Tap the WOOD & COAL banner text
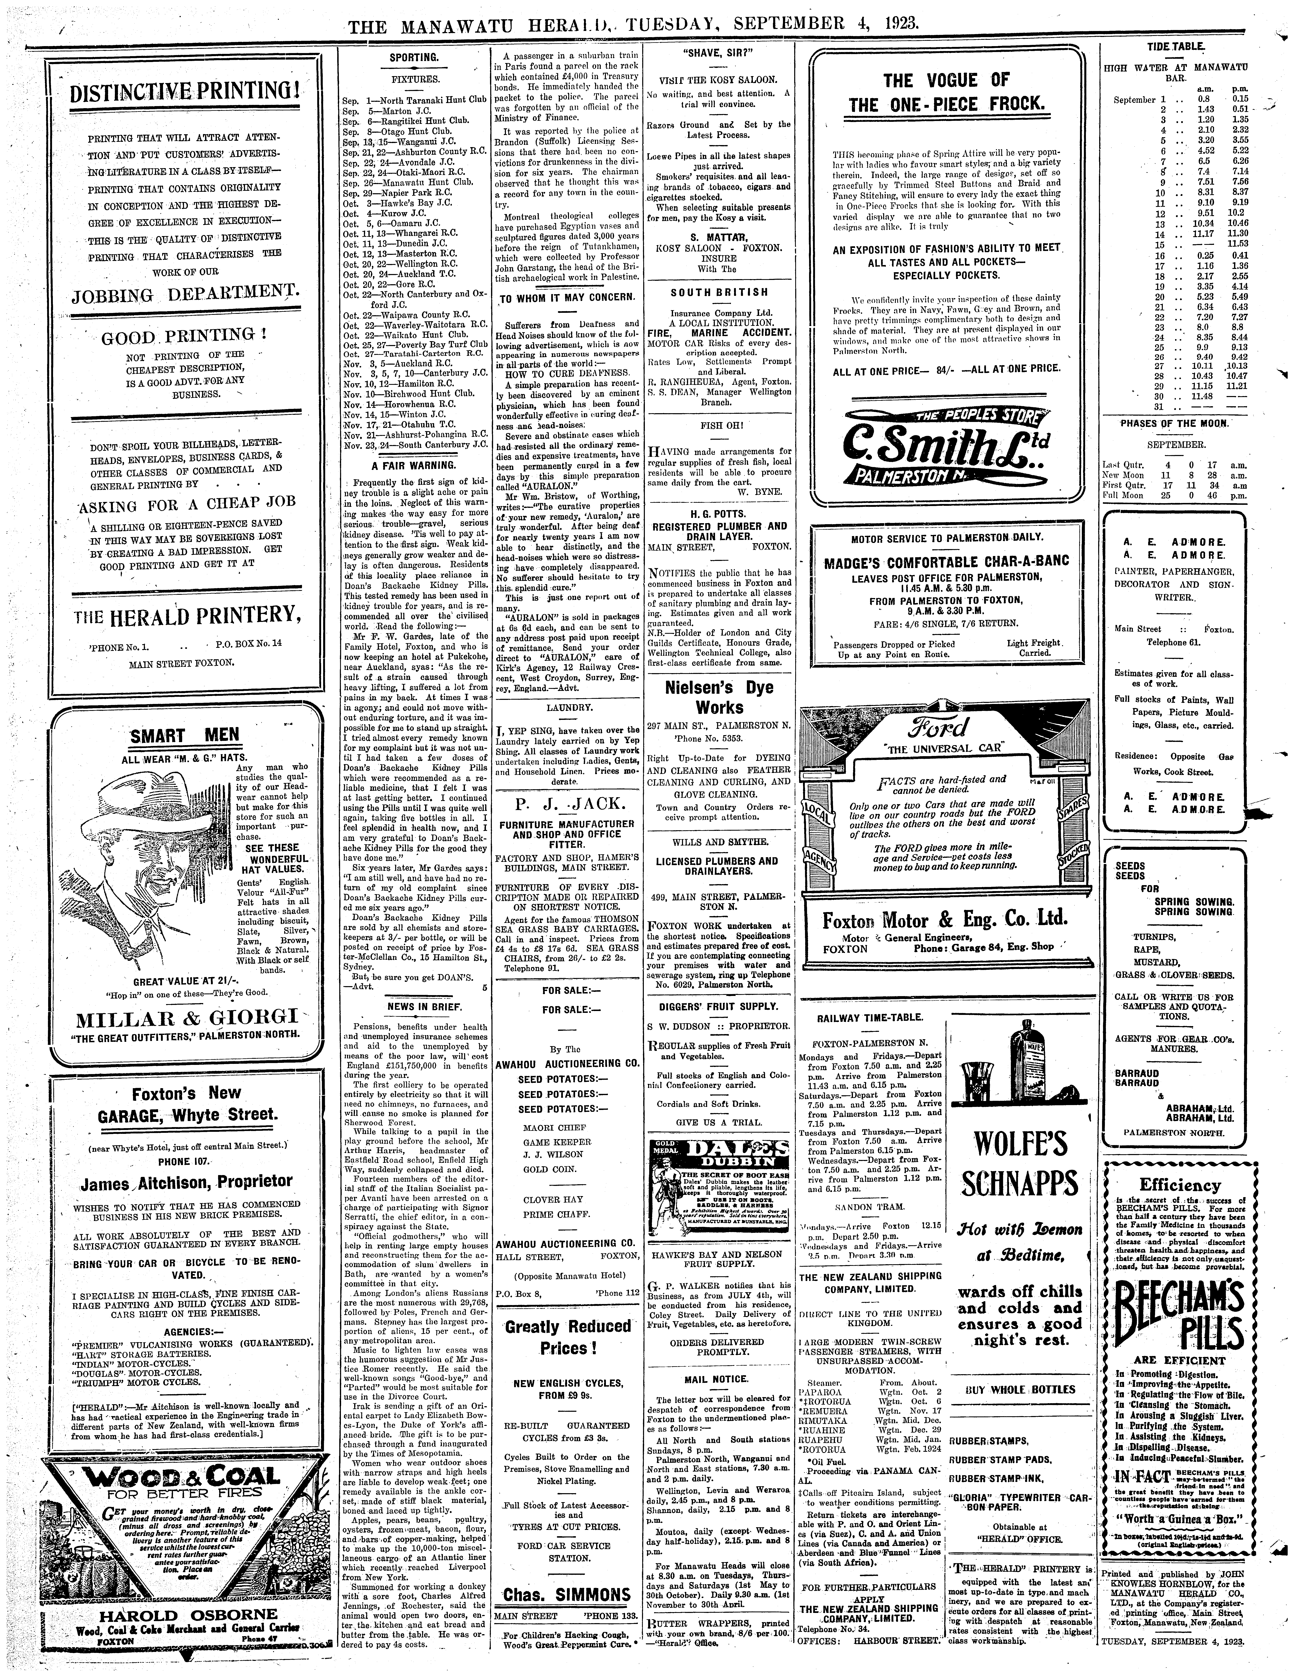pyautogui.click(x=184, y=1477)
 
